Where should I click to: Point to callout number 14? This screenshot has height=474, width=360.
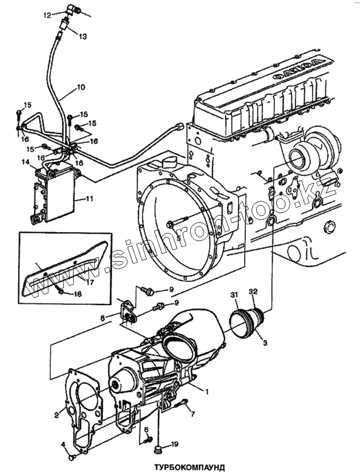point(26,163)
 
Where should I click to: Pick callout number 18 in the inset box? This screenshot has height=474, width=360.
point(78,294)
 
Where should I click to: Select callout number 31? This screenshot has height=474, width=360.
point(233,294)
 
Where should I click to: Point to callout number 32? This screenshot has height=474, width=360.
point(253,291)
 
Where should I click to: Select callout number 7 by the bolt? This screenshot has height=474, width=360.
point(192,414)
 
